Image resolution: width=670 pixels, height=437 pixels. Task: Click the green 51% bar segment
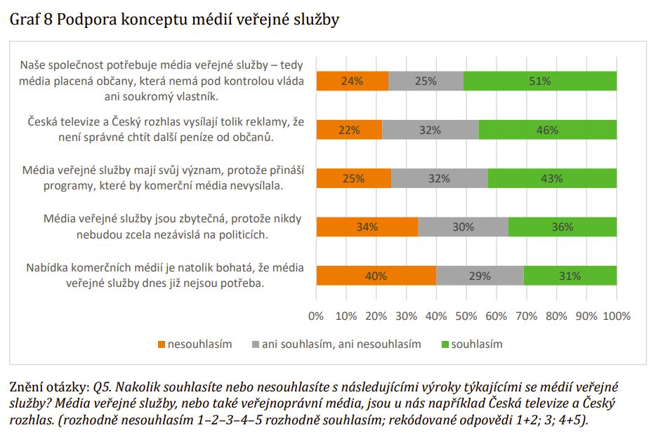(x=539, y=81)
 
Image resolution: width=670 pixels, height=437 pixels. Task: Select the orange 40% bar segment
(x=376, y=276)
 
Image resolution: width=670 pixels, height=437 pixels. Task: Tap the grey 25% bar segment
(x=426, y=81)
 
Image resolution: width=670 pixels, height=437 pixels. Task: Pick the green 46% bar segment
(x=547, y=130)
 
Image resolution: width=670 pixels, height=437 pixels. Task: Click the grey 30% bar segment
(x=464, y=227)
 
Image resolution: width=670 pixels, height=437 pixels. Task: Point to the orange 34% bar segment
(x=367, y=227)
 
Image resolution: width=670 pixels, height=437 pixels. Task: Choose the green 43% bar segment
(x=552, y=178)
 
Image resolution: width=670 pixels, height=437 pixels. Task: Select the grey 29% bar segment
(x=480, y=276)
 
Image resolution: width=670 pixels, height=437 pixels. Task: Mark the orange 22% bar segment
(x=350, y=130)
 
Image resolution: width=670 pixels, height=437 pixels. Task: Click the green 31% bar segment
(x=570, y=276)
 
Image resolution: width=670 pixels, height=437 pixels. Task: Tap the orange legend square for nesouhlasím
(x=162, y=344)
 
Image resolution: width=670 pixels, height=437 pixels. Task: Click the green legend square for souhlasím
(x=445, y=344)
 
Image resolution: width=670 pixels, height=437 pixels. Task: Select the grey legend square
(x=256, y=344)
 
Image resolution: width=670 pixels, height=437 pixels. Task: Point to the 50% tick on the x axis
(x=466, y=316)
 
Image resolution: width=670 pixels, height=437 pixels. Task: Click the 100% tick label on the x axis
(x=617, y=316)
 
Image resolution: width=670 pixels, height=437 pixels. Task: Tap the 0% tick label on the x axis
(x=316, y=316)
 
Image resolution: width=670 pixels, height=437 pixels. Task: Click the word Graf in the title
(x=25, y=19)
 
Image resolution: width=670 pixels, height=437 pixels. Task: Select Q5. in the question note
(x=103, y=387)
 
